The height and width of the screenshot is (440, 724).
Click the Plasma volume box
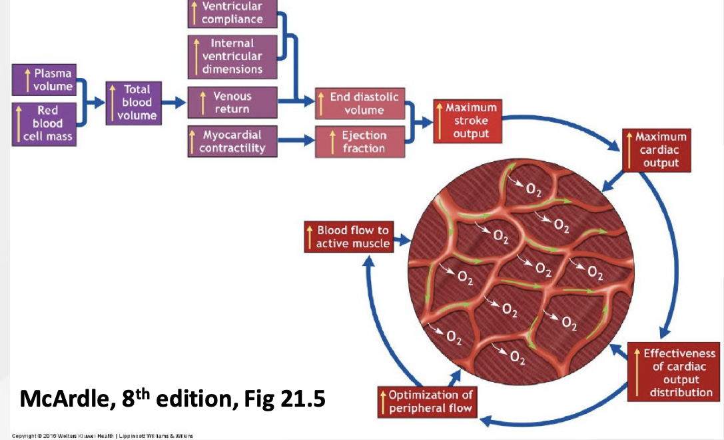point(45,80)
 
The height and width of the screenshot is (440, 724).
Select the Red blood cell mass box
point(45,124)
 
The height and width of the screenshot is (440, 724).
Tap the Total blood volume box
point(131,102)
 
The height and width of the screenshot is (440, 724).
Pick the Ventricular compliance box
point(232,13)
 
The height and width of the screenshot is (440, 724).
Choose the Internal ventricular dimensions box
point(232,56)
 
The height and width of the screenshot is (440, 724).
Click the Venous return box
point(232,103)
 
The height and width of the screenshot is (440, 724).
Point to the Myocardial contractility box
point(232,141)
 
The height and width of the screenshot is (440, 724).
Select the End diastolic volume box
point(359,103)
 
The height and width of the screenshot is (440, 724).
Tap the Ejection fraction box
point(359,141)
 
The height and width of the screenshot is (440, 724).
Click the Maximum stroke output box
point(466,121)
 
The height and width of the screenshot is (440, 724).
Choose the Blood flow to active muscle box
point(347,237)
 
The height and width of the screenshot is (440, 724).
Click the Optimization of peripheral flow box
point(426,401)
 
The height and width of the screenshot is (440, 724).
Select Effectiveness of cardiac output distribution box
point(673,372)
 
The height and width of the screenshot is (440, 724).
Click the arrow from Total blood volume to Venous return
point(174,103)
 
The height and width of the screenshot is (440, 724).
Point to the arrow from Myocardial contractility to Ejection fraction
point(296,141)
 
